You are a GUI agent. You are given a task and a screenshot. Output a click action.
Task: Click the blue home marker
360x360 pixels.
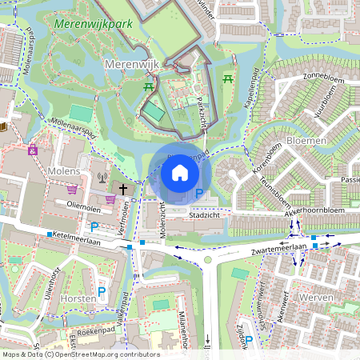pos(180,173)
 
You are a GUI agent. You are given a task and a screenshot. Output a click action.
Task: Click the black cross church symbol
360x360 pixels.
pos(123,189)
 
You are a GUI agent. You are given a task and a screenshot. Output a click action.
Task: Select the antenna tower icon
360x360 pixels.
pos(102,178)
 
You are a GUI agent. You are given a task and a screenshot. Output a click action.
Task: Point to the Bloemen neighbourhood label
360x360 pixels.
pos(305,140)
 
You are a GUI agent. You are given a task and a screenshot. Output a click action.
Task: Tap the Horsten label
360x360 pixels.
pos(78,298)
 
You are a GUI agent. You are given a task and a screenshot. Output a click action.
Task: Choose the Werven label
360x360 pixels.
pos(315,297)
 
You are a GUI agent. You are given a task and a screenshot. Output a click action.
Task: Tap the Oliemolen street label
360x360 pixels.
pos(84,204)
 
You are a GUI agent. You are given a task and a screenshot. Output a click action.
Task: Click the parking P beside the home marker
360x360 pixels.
pos(198,194)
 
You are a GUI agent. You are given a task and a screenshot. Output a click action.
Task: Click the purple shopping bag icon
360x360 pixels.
pos(73,190)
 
